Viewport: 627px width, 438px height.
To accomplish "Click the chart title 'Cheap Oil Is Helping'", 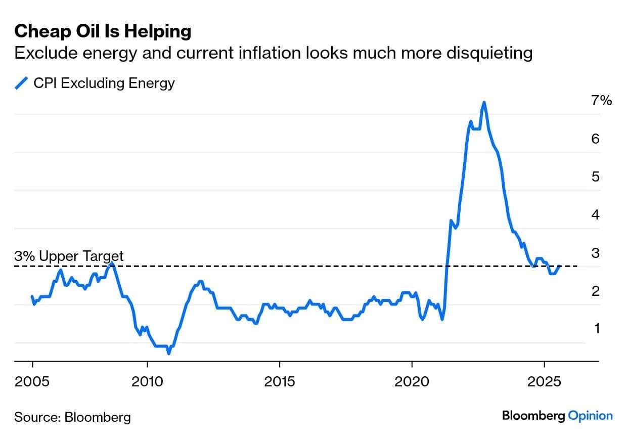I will point(103,31).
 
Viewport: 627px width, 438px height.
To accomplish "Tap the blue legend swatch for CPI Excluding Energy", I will point(22,83).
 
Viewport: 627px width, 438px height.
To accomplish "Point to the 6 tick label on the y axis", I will point(595,139).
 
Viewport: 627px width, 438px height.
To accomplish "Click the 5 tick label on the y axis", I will point(595,177).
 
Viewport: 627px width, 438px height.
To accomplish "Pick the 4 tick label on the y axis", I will point(595,215).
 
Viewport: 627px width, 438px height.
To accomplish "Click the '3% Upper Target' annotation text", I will point(69,256).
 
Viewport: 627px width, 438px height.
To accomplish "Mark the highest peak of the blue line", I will point(484,103).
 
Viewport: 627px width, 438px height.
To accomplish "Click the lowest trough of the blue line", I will point(168,353).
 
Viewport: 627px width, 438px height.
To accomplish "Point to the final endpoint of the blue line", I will point(559,267).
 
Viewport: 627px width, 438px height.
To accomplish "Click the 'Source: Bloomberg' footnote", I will point(72,417).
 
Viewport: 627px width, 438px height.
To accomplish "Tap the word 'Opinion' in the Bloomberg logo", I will point(590,416).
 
